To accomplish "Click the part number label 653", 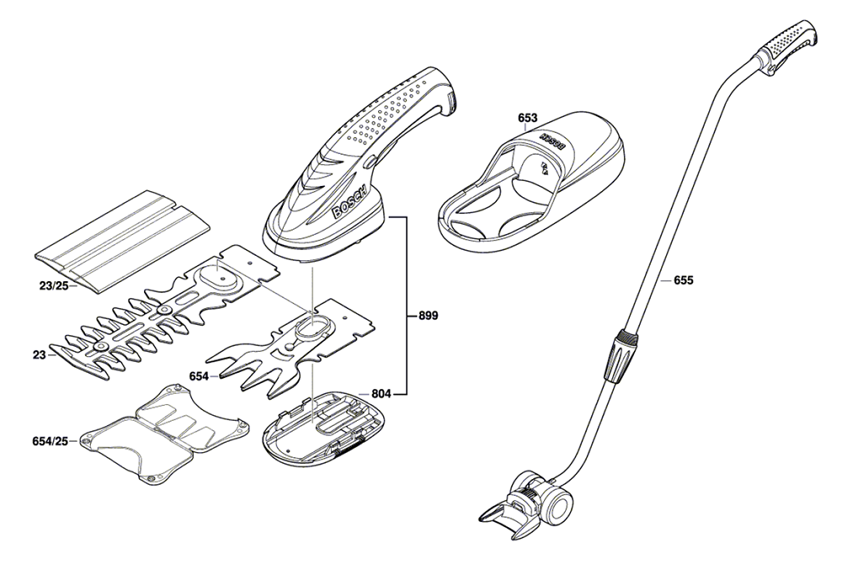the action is coord(528,118).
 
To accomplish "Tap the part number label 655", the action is coord(684,280).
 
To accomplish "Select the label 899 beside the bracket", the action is coord(428,316).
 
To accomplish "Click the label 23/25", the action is coord(54,285).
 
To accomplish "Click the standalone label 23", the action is coord(39,354).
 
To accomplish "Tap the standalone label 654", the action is coord(199,376).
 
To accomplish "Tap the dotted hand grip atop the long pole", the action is coord(791,46).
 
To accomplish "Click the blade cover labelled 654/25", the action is coord(164,433).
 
